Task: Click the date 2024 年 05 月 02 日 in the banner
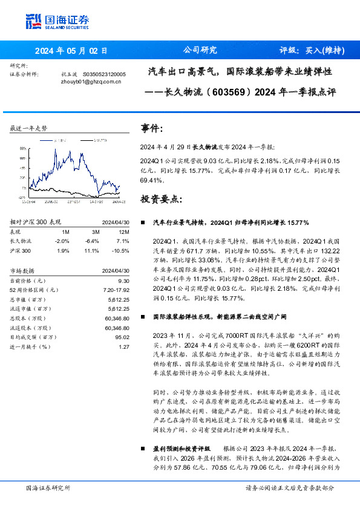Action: click(71, 51)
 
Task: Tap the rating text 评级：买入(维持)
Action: click(312, 51)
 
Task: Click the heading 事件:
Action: click(151, 129)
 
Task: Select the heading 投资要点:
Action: click(160, 198)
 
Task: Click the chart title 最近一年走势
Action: click(29, 129)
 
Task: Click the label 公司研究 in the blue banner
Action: click(200, 51)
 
